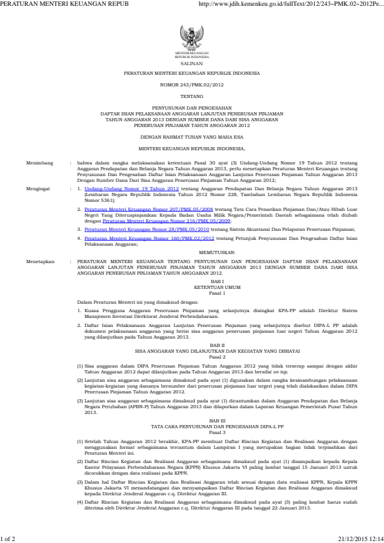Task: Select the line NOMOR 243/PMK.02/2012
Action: coord(192,84)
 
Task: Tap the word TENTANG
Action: coord(192,95)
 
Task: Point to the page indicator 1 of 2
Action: coord(8,538)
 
